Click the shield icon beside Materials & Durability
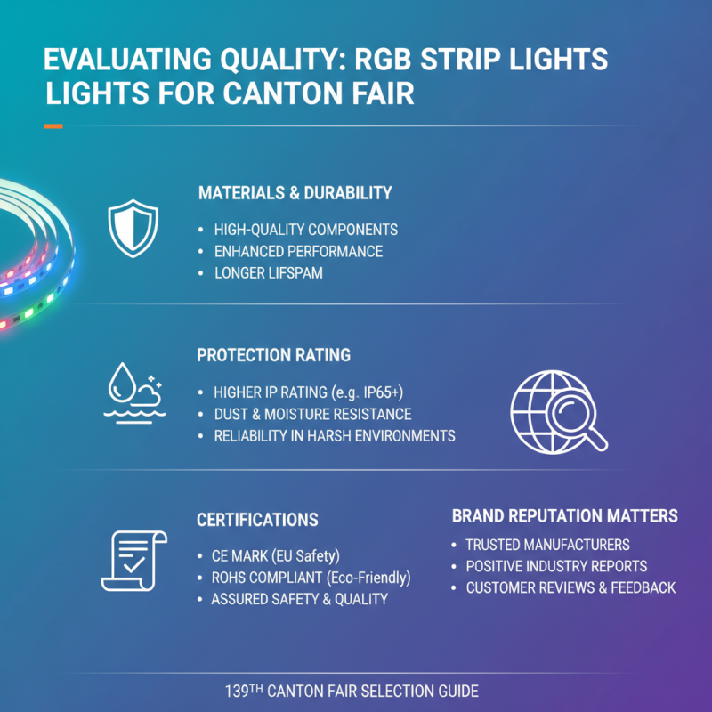133,228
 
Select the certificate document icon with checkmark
133,560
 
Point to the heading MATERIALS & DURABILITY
295,193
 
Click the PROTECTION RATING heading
273,355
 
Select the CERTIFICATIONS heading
257,520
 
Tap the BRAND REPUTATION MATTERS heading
564,516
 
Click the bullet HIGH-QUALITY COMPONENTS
305,230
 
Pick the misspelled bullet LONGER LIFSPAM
268,273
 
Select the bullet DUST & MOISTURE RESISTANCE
312,415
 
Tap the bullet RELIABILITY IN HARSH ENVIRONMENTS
335,436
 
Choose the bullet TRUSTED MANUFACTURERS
547,545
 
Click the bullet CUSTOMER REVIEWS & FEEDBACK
570,587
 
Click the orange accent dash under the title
53,126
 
